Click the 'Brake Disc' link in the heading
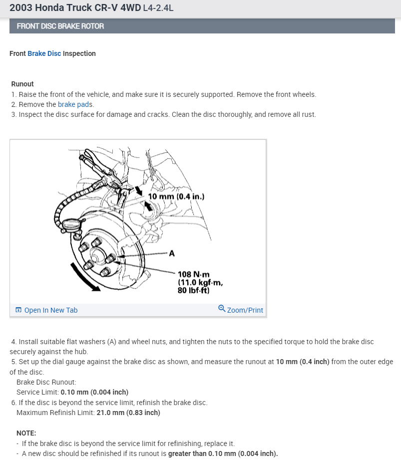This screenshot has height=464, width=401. (44, 53)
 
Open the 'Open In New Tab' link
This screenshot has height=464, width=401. (50, 310)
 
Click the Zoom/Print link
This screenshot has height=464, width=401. (245, 310)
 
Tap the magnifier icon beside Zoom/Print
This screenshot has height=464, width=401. (222, 309)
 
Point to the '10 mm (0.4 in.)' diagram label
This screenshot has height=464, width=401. (176, 196)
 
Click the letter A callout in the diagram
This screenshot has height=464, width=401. (172, 253)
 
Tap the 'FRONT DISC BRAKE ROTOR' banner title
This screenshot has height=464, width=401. (60, 26)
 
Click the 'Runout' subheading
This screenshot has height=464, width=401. (22, 84)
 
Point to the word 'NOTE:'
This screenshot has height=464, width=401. (26, 433)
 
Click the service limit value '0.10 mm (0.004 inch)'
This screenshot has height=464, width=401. (94, 392)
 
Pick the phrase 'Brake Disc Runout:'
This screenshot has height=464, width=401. (46, 382)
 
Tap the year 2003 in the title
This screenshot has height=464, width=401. (20, 8)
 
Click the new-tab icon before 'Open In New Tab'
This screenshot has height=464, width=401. (18, 310)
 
